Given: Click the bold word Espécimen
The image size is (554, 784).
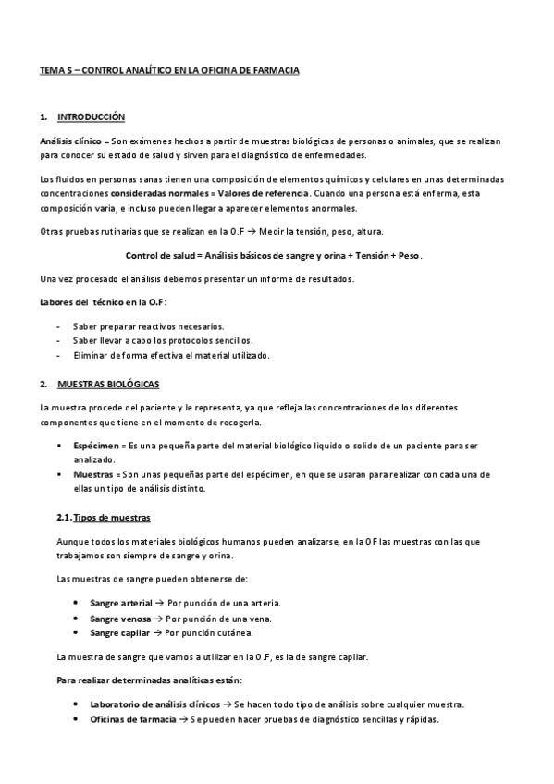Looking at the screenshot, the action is (x=95, y=446).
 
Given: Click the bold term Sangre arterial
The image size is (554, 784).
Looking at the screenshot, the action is (x=120, y=602).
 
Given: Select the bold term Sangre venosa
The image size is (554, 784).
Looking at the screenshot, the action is (x=119, y=617).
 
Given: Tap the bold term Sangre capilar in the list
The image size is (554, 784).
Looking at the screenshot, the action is (x=118, y=632).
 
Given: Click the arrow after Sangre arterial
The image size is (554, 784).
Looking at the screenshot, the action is (x=159, y=602).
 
